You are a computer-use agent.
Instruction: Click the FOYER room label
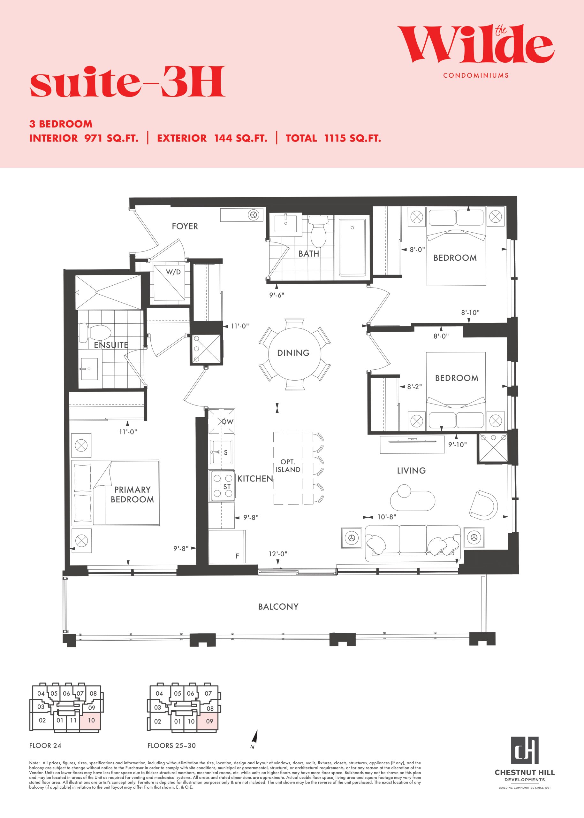pos(185,226)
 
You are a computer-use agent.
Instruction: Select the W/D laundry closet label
pos(173,272)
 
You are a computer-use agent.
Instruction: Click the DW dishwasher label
pos(228,421)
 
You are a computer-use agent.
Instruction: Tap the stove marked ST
pos(222,485)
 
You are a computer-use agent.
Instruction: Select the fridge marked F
pos(227,547)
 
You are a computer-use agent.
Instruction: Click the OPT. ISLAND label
pos(288,466)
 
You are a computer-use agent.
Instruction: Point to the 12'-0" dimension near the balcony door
pos(278,554)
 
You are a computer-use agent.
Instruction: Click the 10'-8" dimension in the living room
pos(387,517)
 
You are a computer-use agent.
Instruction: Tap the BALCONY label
pos(278,606)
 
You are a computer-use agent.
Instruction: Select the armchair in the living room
pos(483,504)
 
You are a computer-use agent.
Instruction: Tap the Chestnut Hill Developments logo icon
pos(525,750)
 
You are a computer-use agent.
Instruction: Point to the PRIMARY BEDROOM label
pos(132,494)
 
